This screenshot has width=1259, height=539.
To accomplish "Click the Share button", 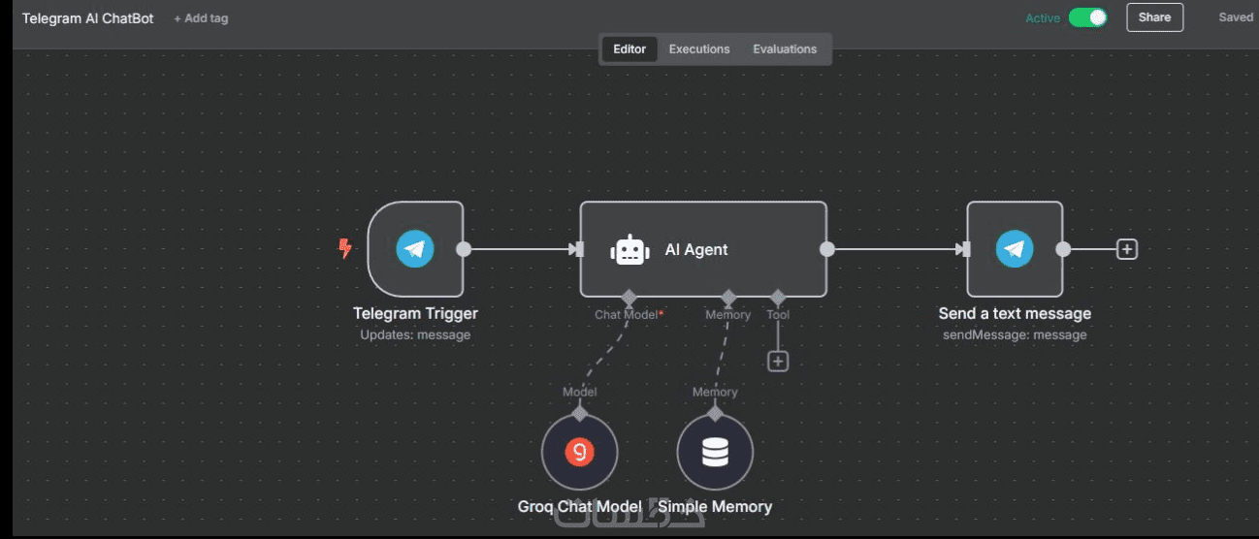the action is point(1154,17).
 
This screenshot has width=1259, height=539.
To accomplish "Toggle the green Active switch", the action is point(1087,18).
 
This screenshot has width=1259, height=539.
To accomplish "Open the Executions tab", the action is point(699,48).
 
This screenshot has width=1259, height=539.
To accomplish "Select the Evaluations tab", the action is point(785,48).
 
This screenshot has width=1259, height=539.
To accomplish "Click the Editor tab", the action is point(629,48).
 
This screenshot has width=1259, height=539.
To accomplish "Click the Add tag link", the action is point(201,18).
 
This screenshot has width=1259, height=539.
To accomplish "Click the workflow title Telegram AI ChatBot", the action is point(87,18).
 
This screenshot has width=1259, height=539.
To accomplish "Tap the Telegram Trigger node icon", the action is point(415,249).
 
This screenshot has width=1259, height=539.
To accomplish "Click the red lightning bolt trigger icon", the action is point(345,248).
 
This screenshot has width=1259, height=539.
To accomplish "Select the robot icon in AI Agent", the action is point(629,250).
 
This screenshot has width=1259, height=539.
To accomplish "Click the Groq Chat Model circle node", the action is point(579,452).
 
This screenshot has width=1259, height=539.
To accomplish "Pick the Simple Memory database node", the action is point(715,452).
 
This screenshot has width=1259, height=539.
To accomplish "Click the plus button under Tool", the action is point(778,362).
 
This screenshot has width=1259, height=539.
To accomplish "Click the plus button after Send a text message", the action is point(1127,249).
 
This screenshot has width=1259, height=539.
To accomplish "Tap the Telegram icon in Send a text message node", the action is point(1015,249).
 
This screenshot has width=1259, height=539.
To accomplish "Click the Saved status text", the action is point(1236,17).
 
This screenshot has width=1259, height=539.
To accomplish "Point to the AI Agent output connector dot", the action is point(827,249).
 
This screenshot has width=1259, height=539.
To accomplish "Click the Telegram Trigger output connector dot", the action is point(464,249).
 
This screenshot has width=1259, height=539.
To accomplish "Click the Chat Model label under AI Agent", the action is point(627,315).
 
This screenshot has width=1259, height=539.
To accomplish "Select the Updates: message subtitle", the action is point(415,335).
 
